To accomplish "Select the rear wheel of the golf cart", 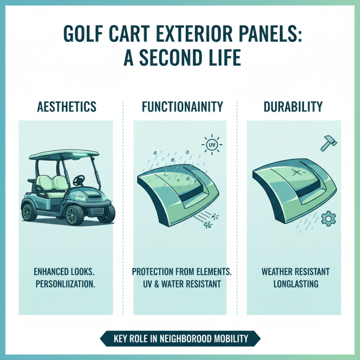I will point(28,211).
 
